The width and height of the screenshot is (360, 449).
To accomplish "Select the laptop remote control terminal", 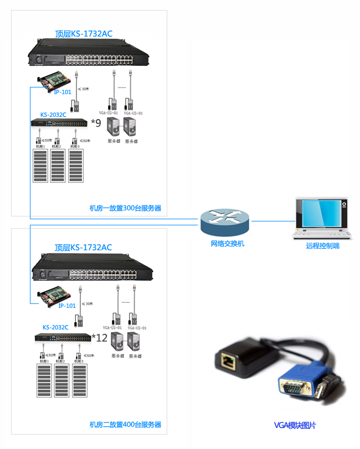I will [321, 218].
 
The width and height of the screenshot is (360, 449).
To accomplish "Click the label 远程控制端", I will [322, 246].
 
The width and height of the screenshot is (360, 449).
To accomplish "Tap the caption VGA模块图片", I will [295, 426].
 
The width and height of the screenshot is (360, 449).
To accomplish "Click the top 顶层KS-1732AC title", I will [84, 34].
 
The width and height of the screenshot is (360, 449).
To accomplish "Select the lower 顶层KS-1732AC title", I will [83, 247].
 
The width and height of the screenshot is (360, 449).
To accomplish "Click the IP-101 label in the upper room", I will [63, 92].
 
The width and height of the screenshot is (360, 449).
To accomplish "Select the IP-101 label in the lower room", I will [67, 306].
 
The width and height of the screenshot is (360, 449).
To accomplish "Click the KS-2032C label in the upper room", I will [53, 114].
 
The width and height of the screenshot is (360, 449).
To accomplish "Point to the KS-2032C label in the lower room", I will [55, 327].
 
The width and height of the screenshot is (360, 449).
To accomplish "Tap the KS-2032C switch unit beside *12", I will [63, 337].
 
